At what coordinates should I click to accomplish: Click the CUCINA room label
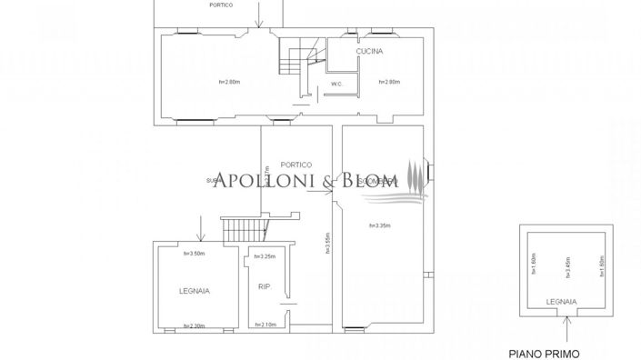[369, 52]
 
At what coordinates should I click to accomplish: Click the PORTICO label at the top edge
[220, 5]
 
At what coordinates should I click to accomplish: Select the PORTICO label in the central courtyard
[296, 165]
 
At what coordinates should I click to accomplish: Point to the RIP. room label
[264, 287]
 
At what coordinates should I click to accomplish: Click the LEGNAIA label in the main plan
[194, 291]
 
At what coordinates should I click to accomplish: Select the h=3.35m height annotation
[380, 225]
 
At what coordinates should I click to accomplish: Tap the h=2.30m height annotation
[194, 325]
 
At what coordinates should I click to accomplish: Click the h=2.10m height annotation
[265, 325]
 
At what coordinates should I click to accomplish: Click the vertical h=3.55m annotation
[326, 244]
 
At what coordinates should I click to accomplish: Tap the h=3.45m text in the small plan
[566, 266]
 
